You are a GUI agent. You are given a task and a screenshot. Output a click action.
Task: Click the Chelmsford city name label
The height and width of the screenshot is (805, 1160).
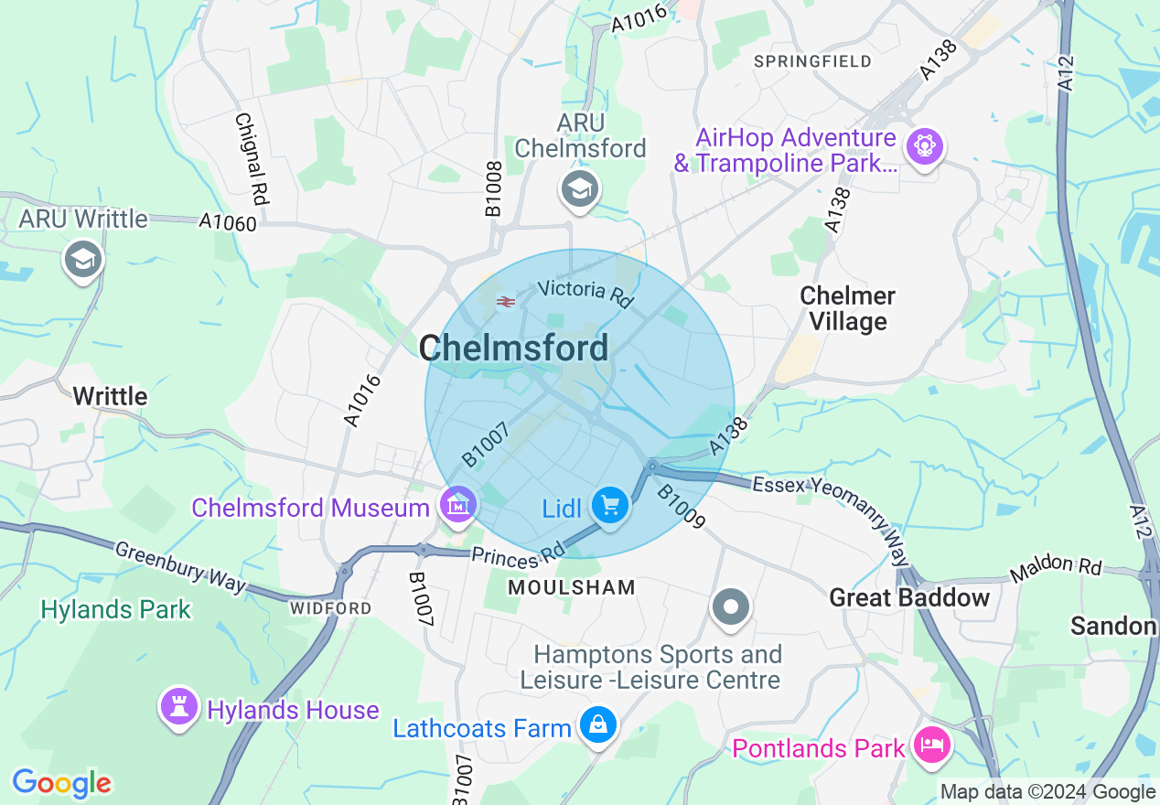point(513,349)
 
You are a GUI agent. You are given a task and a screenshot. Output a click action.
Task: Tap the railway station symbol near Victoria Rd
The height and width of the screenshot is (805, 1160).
point(504,302)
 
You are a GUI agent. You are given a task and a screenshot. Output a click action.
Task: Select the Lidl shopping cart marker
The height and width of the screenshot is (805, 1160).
point(609,505)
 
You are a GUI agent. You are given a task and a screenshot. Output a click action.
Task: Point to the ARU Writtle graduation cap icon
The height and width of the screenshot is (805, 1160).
point(83,260)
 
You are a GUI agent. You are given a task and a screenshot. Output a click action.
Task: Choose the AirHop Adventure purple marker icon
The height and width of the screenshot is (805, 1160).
point(924,146)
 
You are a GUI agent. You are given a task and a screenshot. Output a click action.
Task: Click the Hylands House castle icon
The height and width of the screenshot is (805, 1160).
point(178,706)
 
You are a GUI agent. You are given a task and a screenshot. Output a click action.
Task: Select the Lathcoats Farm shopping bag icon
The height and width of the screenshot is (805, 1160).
point(598,726)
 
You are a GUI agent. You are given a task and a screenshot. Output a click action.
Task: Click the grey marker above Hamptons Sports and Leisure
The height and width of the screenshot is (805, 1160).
point(730,606)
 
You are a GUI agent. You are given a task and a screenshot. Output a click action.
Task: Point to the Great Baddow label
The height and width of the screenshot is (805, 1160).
point(909,598)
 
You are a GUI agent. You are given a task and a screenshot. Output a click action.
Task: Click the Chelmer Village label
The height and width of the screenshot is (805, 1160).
point(848,308)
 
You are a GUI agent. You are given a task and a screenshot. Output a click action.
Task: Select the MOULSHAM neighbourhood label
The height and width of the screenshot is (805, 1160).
point(572,587)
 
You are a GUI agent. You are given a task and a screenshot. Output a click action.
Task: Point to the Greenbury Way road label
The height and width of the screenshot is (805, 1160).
point(180,566)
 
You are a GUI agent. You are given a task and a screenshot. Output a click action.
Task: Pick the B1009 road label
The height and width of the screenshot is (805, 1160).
point(682,507)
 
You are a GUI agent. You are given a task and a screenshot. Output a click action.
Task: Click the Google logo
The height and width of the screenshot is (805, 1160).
point(61,782)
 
